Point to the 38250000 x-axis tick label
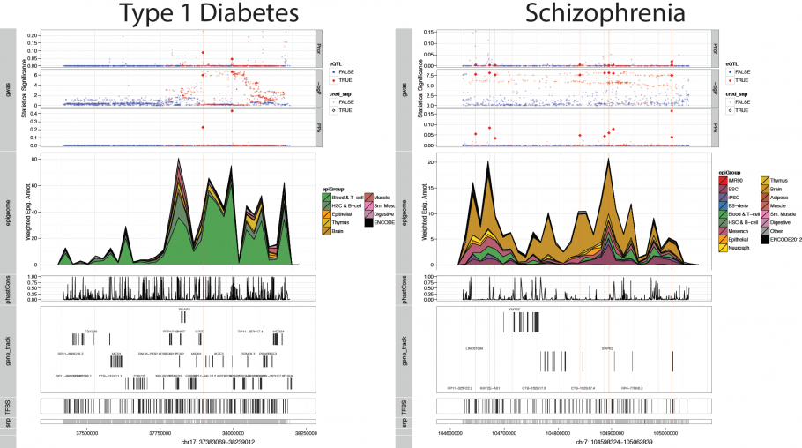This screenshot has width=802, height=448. [x=305, y=432]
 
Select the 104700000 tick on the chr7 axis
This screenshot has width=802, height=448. [x=503, y=432]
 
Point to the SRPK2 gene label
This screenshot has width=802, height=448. [x=608, y=348]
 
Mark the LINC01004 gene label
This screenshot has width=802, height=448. [x=474, y=348]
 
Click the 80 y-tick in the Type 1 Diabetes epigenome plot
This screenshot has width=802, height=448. [x=33, y=159]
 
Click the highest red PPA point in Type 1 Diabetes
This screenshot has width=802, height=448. [x=231, y=111]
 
